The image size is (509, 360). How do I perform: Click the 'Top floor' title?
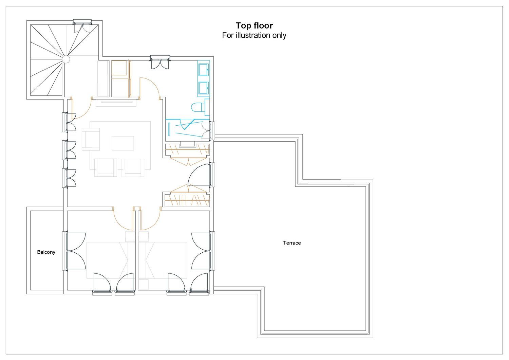254,26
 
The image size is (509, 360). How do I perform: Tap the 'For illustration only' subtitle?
254,35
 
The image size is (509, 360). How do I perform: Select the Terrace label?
292,243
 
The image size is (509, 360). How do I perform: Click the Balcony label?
46,252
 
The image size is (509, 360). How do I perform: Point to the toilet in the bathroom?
198,107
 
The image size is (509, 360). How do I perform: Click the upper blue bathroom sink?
203,70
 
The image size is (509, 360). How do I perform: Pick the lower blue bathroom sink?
203,88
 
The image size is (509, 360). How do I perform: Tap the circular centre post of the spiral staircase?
66,59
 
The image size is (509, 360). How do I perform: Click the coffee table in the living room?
123,143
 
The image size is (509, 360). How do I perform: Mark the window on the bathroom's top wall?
160,62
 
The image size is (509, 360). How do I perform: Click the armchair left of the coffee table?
91,139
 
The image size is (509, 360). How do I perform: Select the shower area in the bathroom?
187,130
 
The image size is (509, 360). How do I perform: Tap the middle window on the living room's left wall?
69,150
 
